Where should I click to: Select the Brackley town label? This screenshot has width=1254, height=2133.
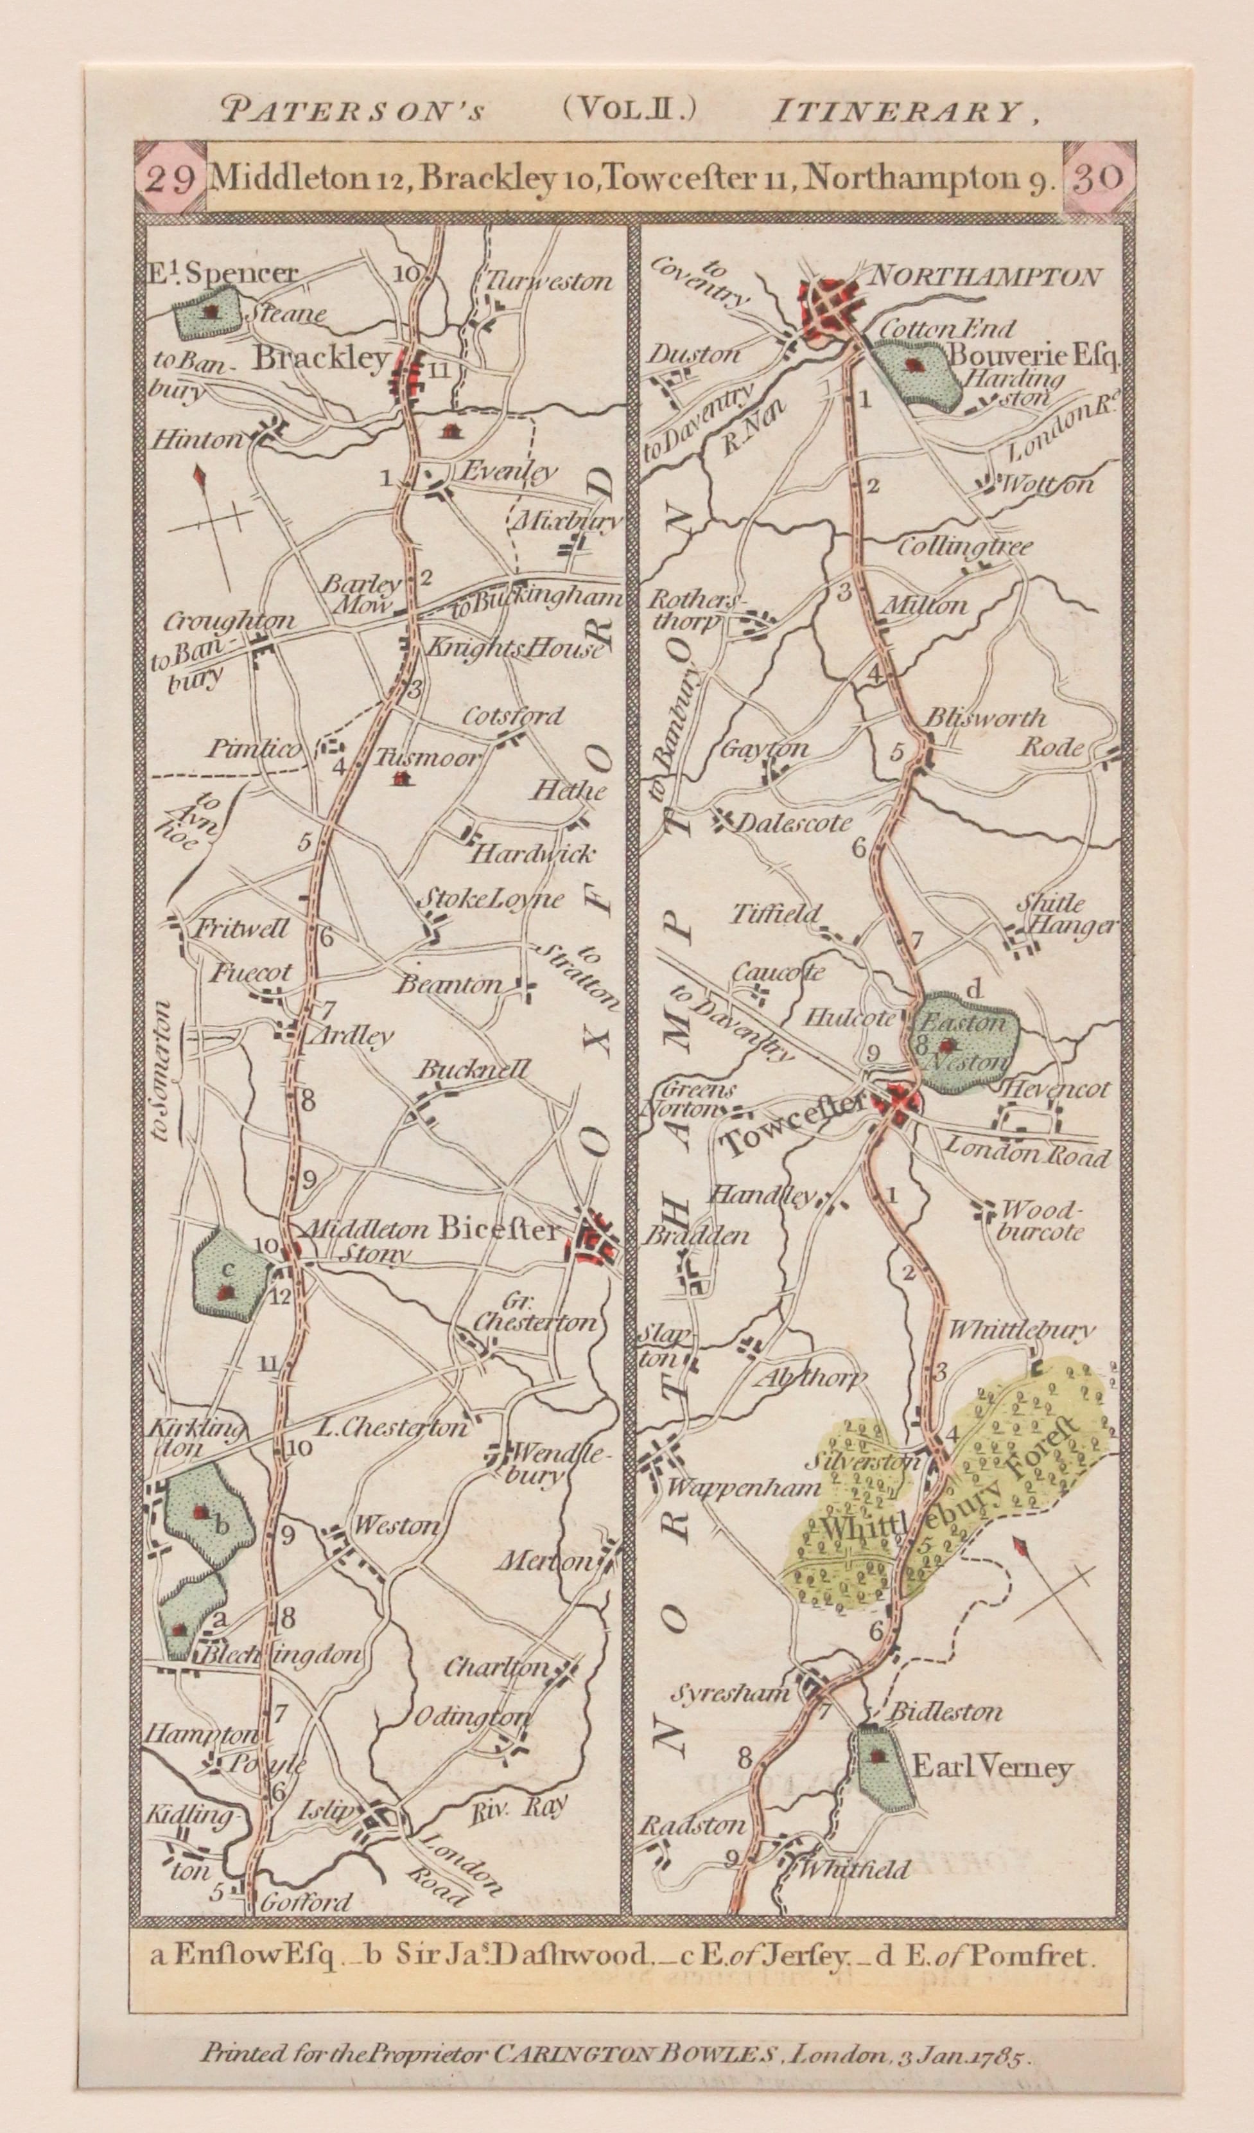(x=322, y=359)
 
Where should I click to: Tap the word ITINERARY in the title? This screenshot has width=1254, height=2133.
(x=900, y=112)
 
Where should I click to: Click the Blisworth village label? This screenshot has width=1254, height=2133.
(x=986, y=719)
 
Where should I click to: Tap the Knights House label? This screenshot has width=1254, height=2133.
(x=516, y=649)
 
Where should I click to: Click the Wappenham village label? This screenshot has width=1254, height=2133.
(x=745, y=1487)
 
